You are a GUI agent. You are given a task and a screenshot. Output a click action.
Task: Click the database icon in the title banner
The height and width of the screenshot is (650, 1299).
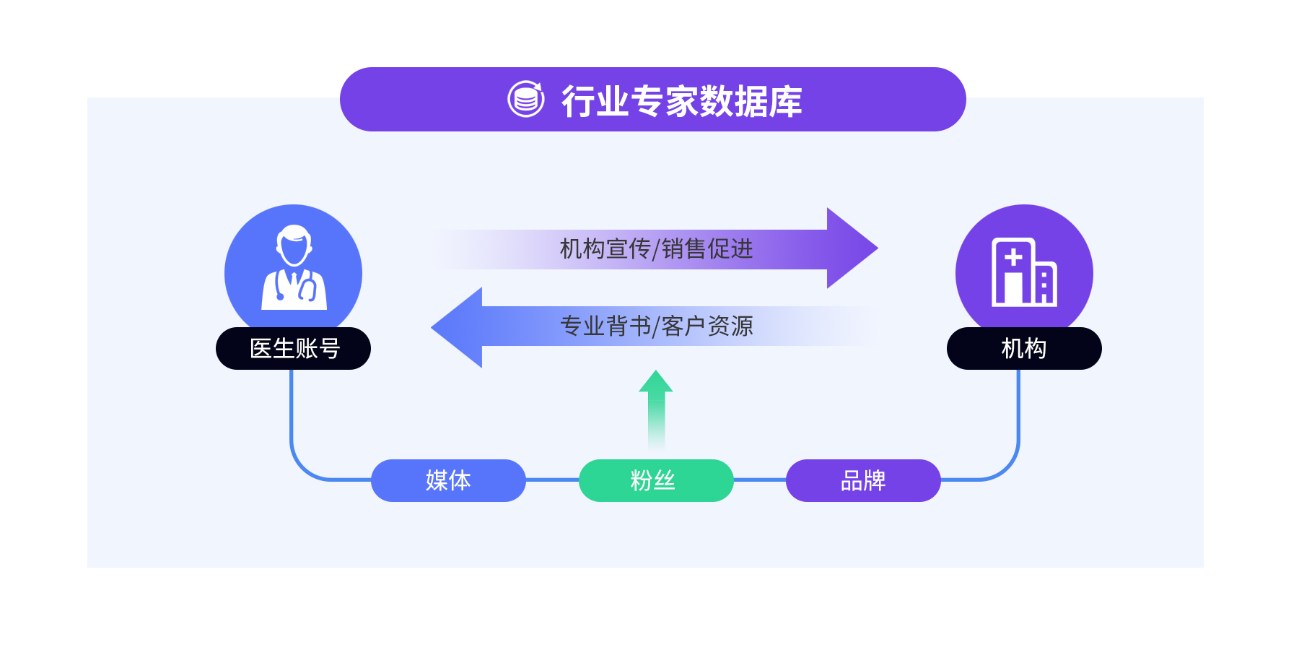coord(525,99)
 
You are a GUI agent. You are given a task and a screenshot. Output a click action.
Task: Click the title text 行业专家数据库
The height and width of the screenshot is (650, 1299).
coord(682,100)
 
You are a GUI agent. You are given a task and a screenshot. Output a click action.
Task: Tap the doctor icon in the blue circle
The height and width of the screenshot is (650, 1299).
coord(294,268)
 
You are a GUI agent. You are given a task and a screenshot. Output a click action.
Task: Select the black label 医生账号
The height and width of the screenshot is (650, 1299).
coord(294,349)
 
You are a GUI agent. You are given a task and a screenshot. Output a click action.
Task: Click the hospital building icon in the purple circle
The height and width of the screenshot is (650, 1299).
coord(1024,272)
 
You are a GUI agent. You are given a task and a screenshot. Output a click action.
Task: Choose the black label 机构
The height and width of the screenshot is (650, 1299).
coord(1024,349)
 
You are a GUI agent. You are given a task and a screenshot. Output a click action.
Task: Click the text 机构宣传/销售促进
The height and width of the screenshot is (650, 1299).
coord(656,249)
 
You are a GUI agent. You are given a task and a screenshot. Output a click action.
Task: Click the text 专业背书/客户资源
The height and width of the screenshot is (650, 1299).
coord(656,326)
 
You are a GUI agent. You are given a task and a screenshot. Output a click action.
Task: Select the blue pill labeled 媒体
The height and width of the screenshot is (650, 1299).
coord(448,480)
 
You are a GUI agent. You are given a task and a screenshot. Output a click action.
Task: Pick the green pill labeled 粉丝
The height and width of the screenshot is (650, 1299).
coord(656,480)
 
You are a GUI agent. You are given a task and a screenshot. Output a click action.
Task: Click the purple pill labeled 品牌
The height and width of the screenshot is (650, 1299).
coord(863,480)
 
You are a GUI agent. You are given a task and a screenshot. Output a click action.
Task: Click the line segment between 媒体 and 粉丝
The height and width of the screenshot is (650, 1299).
coord(552,480)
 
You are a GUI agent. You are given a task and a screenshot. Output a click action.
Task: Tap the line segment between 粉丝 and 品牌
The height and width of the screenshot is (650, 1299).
coord(760,480)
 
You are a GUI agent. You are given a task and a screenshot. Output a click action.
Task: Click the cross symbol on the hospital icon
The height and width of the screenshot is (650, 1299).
coord(1013,256)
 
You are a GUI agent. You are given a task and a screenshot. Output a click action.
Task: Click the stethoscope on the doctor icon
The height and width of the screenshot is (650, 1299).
coord(308,290)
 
